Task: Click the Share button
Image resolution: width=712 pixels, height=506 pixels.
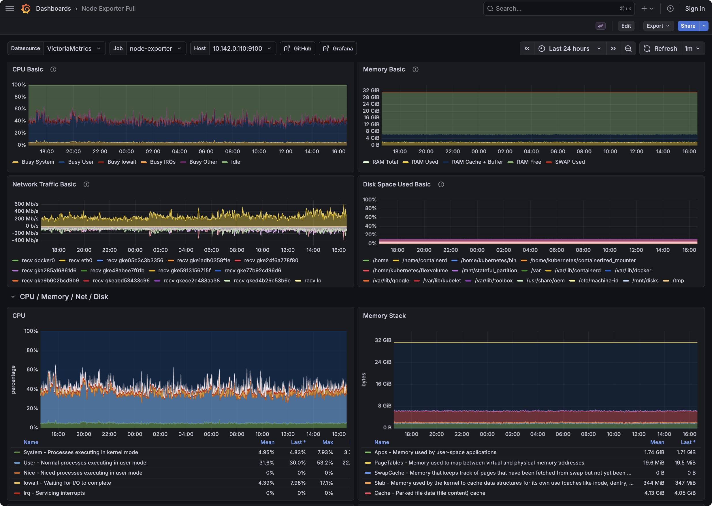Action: tap(688, 26)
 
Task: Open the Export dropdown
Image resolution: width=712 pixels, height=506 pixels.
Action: tap(658, 26)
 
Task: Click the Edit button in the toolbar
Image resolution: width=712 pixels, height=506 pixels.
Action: tap(626, 26)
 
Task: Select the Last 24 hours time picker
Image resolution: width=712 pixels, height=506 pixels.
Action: tap(570, 49)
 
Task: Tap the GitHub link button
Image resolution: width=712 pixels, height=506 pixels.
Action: tap(297, 49)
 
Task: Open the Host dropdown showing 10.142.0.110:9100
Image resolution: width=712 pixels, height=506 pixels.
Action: tap(242, 49)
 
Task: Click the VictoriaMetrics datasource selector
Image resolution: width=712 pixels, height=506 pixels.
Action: tap(74, 49)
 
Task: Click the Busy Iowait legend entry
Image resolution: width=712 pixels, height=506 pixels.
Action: tap(122, 162)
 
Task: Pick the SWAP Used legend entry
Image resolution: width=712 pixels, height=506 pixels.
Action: tap(570, 162)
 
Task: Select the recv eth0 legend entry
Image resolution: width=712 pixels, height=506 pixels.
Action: tap(80, 260)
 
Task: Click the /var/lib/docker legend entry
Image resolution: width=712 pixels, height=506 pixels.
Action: tap(632, 271)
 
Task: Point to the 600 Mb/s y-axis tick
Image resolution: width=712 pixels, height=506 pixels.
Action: tap(26, 204)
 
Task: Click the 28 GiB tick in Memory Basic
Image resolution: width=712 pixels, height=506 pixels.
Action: tap(371, 97)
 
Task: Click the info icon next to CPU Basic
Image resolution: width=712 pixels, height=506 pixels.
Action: tap(53, 69)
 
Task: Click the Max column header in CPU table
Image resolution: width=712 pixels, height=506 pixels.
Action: tap(327, 442)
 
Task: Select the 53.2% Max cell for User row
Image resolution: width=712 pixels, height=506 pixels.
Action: tap(325, 463)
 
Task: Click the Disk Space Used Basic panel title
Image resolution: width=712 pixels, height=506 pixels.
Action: tap(396, 184)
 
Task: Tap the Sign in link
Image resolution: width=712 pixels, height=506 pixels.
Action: tap(694, 8)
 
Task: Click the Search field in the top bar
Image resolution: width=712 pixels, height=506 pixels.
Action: tap(555, 8)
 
